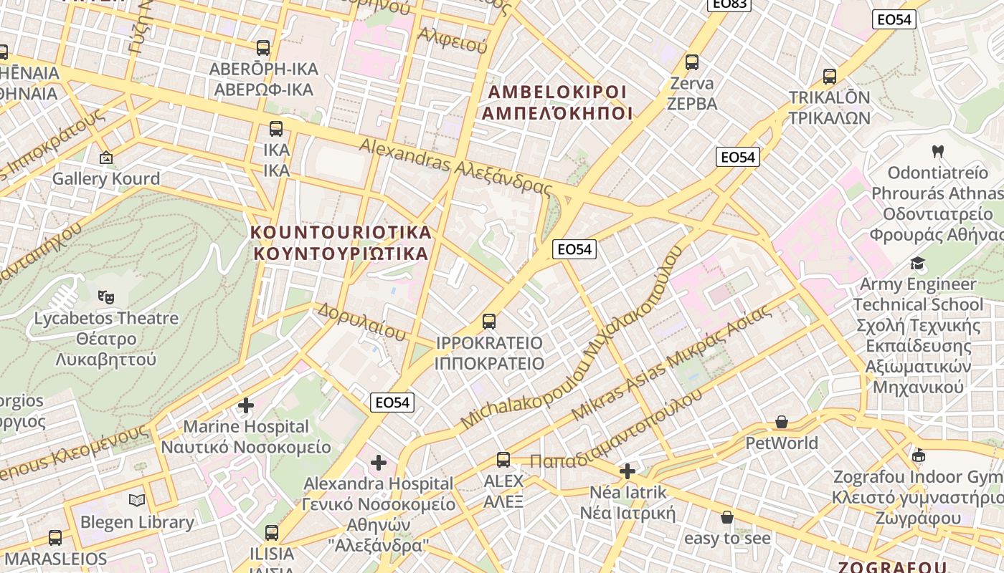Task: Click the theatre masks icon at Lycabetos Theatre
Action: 106,295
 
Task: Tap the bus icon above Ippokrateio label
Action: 489,322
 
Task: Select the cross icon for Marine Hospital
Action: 246,405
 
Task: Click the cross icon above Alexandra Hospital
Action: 379,463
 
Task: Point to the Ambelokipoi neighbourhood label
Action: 557,102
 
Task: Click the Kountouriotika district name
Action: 341,242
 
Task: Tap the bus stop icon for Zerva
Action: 692,62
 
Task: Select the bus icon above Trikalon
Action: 830,77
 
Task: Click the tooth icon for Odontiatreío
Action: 937,152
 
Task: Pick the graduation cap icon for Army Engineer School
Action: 918,263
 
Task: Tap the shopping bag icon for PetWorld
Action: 782,423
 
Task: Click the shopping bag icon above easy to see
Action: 727,517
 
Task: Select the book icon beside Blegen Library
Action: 137,500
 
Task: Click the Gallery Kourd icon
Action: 106,157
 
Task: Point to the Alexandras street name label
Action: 456,167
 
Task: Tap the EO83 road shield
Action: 729,4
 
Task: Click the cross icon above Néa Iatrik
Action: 627,471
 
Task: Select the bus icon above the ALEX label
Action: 503,460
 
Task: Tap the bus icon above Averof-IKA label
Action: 263,48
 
